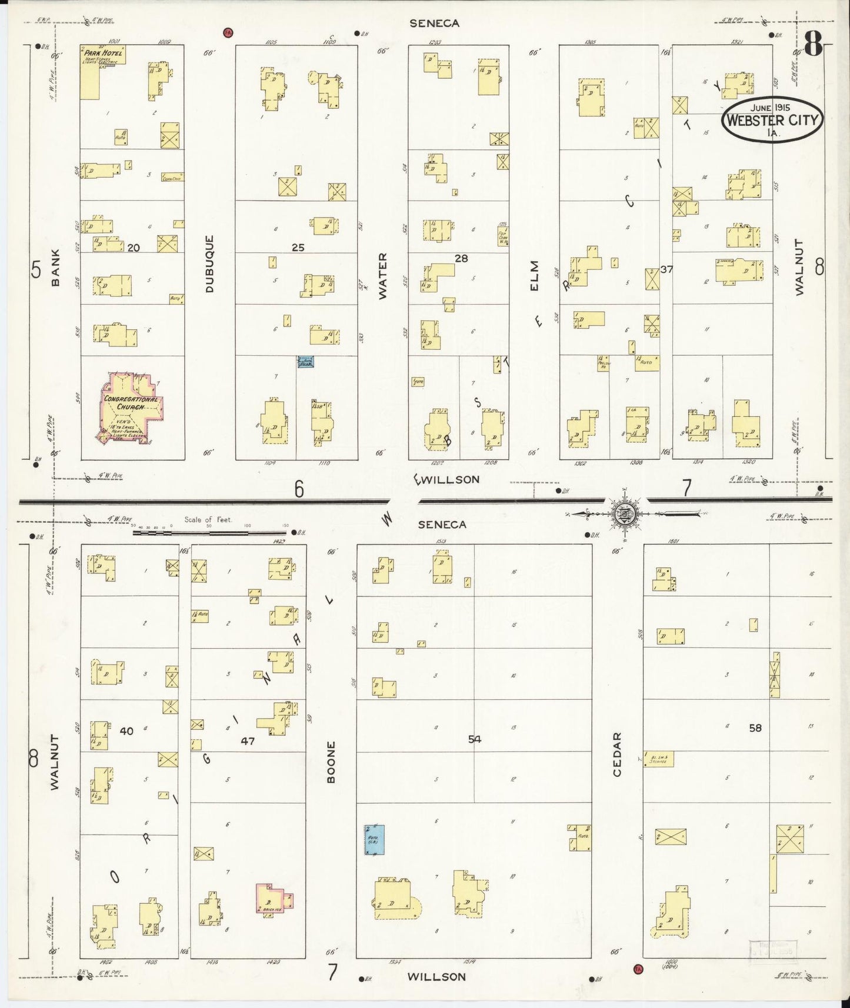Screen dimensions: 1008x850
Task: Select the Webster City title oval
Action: (772, 120)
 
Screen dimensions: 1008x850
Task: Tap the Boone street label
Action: (331, 762)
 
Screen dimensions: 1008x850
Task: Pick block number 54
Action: (474, 739)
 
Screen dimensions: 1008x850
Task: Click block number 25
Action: (298, 248)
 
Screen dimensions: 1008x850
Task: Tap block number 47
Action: (248, 741)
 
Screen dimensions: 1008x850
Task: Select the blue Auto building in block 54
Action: (375, 839)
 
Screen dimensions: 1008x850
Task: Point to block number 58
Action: (755, 728)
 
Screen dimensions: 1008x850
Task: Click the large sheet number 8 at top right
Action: (812, 43)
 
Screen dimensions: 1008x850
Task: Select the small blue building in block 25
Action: (306, 362)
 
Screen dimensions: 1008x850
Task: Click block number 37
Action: (666, 269)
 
